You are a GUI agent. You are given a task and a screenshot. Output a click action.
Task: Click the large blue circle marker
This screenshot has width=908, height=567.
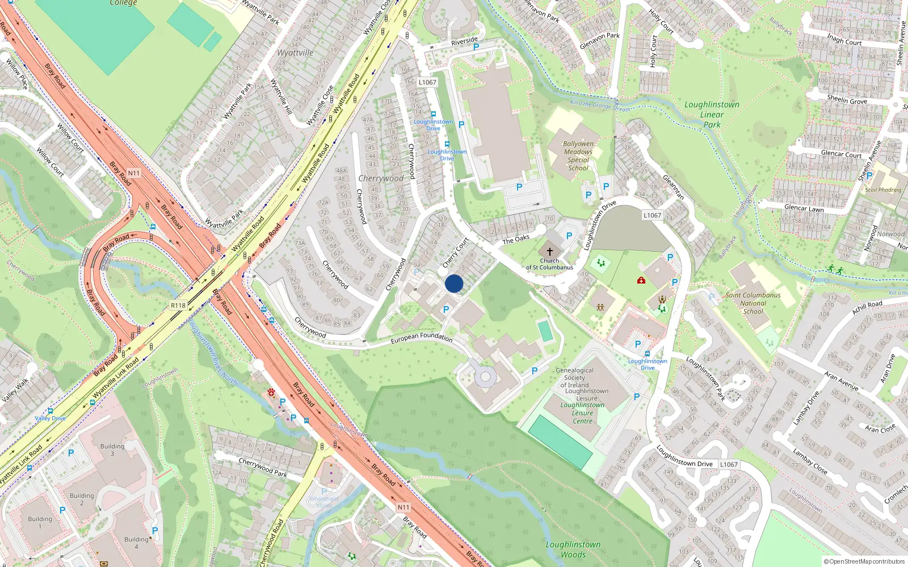454,283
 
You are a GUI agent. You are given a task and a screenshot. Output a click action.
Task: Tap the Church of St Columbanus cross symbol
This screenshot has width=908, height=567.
549,251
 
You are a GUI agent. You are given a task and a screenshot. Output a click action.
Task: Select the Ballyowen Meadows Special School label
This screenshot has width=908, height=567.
578,156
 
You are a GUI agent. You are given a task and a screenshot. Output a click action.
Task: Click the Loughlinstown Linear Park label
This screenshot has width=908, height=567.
712,115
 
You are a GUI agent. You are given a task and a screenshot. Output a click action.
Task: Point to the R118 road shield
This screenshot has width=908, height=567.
178,305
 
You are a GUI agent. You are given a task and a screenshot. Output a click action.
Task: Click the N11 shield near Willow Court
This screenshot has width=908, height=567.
133,173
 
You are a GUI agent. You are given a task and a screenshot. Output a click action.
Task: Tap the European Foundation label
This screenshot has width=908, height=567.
421,337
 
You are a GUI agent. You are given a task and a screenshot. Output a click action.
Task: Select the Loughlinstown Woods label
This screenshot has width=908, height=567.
573,549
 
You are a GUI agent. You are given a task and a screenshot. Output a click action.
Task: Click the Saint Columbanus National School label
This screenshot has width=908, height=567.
753,303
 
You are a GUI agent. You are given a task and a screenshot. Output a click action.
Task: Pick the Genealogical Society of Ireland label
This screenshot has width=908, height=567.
574,378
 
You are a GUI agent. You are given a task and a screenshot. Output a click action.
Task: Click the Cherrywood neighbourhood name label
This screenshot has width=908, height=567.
381,178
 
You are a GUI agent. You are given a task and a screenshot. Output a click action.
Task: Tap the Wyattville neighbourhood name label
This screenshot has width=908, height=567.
295,53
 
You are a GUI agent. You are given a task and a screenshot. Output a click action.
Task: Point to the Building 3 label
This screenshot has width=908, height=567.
112,450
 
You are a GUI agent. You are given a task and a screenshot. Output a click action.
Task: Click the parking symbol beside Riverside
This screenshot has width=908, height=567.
476,47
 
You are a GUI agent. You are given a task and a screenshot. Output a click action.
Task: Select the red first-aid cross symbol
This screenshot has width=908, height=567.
641,280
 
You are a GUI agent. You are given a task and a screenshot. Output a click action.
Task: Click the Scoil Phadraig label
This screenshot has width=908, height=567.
882,190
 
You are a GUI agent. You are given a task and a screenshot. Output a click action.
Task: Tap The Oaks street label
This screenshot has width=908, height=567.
516,239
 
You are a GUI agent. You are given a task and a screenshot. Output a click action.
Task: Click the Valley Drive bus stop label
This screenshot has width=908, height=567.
50,418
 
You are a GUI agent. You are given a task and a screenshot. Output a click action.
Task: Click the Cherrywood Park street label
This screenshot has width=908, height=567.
262,468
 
